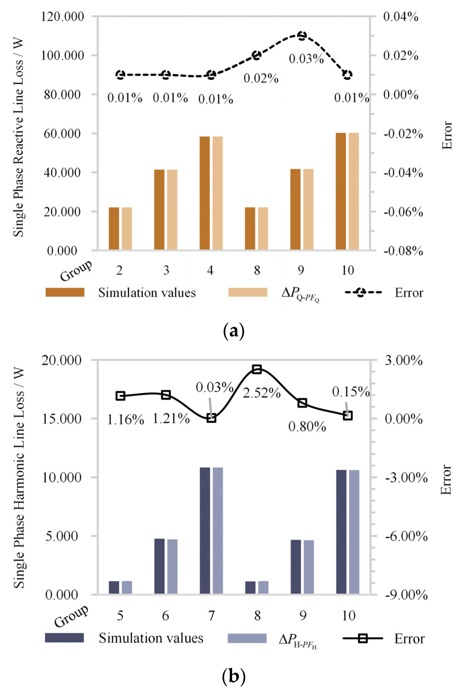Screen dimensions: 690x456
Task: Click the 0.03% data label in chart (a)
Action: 306,59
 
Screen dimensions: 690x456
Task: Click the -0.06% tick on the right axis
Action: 403,212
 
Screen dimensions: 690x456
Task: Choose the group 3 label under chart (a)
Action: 166,270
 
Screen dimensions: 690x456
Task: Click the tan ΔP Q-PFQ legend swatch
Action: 248,292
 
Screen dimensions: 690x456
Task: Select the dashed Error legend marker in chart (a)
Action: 361,292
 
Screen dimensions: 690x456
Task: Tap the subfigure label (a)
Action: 233,331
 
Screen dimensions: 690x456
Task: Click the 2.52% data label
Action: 261,393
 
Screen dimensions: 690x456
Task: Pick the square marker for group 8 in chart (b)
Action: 257,369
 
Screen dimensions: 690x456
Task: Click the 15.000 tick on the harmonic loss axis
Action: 62,419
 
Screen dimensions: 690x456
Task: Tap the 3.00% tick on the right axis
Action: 403,360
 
